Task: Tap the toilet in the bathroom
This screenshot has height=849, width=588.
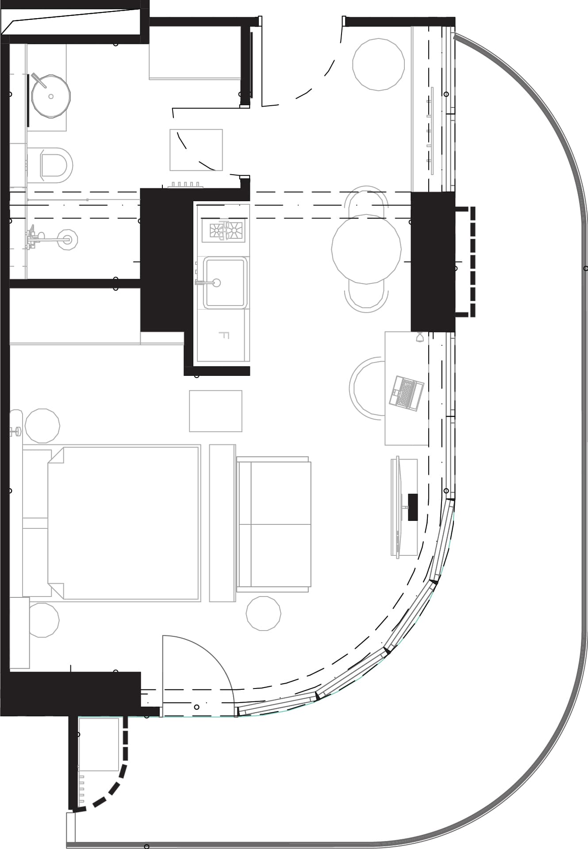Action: pos(55,165)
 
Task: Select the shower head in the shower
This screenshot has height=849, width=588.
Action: pos(68,240)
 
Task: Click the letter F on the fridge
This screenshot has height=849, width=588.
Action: pos(224,336)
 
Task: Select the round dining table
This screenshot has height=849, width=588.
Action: pos(366,249)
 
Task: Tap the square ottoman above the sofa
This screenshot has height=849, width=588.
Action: pos(215,411)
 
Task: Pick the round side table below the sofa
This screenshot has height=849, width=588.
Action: pos(263,613)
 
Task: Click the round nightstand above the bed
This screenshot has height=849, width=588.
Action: pos(42,426)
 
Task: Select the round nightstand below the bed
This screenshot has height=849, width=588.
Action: pos(43,620)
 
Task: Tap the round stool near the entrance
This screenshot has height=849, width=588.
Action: pos(378,65)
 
